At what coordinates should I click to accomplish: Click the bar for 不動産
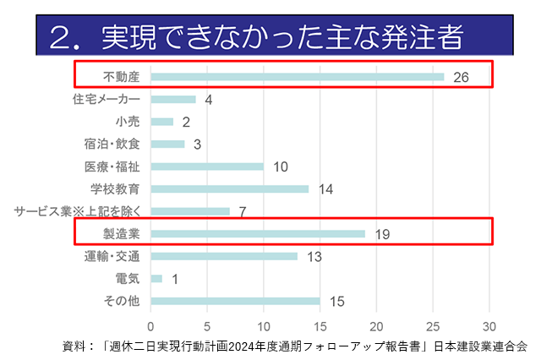pyautogui.click(x=298, y=77)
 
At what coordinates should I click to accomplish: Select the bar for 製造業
pyautogui.click(x=258, y=233)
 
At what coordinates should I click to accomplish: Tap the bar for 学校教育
pyautogui.click(x=230, y=188)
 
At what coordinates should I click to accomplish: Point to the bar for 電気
pyautogui.click(x=156, y=278)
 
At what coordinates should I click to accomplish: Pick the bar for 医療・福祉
pyautogui.click(x=207, y=166)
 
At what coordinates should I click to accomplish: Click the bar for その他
pyautogui.click(x=235, y=300)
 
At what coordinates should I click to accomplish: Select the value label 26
pyautogui.click(x=460, y=78)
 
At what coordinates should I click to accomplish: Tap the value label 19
pyautogui.click(x=381, y=234)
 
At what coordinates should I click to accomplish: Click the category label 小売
pyautogui.click(x=128, y=122)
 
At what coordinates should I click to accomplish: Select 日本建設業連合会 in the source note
pyautogui.click(x=479, y=346)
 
